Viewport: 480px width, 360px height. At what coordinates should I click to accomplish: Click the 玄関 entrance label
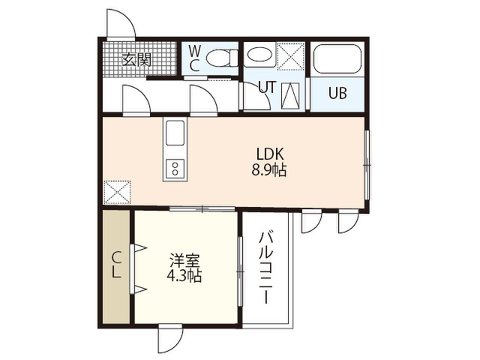pos(136,60)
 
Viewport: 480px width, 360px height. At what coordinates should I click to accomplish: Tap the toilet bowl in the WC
pos(222,58)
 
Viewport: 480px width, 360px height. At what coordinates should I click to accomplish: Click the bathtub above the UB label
pos(337,59)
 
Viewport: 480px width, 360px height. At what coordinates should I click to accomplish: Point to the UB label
pos(337,93)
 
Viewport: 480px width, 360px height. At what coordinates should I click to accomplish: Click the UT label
pos(267,87)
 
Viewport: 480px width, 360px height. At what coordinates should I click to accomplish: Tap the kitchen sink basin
pos(175,133)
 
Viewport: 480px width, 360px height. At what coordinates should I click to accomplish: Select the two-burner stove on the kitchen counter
pos(175,169)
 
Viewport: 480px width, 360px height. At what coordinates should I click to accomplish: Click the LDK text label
pos(270,154)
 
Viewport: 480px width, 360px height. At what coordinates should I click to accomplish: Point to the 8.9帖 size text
pos(269,170)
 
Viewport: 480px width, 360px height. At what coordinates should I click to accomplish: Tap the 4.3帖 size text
pos(184,276)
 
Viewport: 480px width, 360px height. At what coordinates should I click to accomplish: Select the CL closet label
pos(115,265)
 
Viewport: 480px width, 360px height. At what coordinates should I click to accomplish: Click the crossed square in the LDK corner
pos(117,192)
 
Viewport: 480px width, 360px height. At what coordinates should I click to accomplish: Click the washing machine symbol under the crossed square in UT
pos(290,95)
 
